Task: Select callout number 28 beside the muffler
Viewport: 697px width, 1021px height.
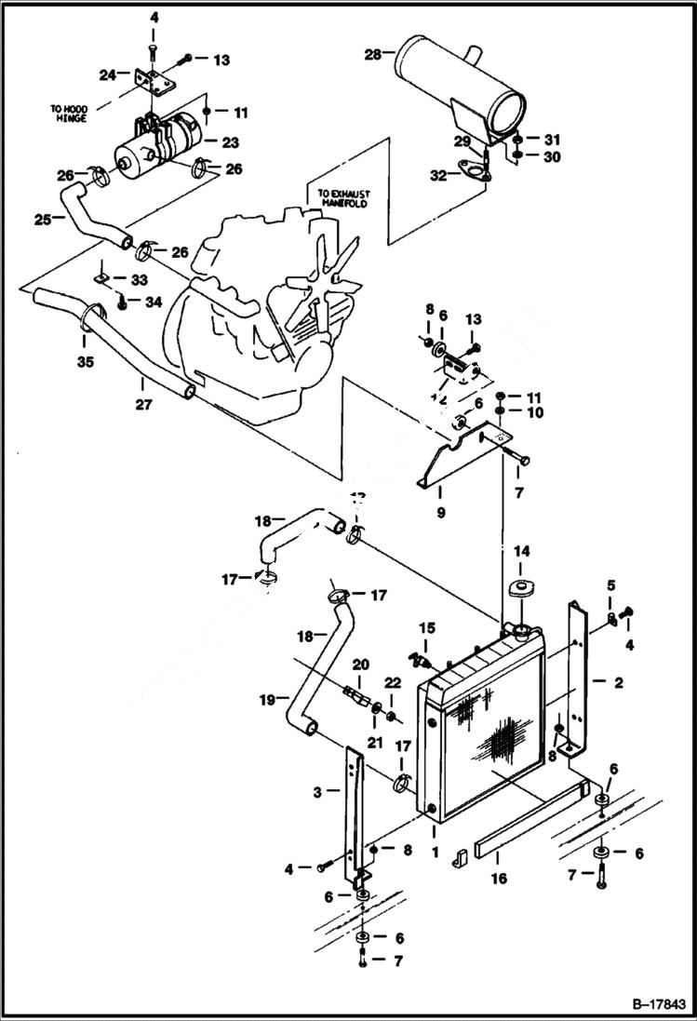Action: pyautogui.click(x=372, y=55)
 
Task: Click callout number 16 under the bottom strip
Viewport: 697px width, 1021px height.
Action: pyautogui.click(x=499, y=879)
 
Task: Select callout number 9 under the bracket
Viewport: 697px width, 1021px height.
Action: pyautogui.click(x=441, y=512)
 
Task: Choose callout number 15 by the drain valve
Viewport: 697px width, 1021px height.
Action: pyautogui.click(x=426, y=627)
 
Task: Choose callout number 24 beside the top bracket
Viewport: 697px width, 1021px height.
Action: pyautogui.click(x=108, y=74)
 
